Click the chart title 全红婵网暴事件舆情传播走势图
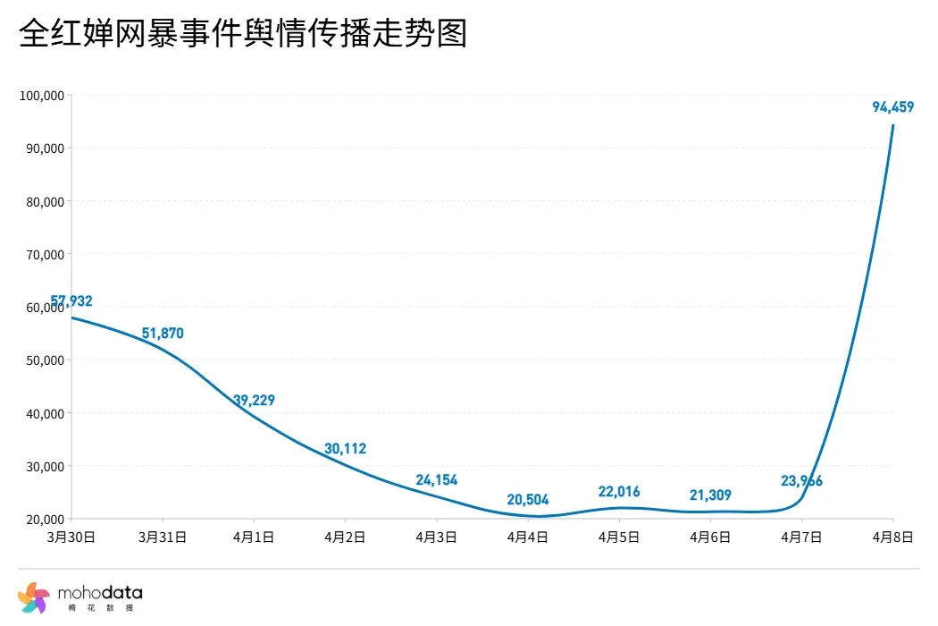click(x=243, y=35)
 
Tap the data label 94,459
click(x=892, y=107)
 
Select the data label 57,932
click(x=71, y=301)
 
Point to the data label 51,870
click(x=163, y=334)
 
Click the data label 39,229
click(x=254, y=401)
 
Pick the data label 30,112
click(x=345, y=449)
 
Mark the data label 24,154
click(x=436, y=481)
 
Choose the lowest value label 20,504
click(x=527, y=500)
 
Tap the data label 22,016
click(x=619, y=492)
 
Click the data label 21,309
click(x=710, y=495)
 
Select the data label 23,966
click(x=801, y=481)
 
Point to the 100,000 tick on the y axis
click(x=41, y=96)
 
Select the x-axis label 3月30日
click(x=71, y=537)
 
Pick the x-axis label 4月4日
click(x=527, y=537)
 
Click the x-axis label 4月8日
click(x=892, y=537)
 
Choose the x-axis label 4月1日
click(x=254, y=537)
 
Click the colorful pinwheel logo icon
click(x=33, y=596)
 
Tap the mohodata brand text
click(x=99, y=593)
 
